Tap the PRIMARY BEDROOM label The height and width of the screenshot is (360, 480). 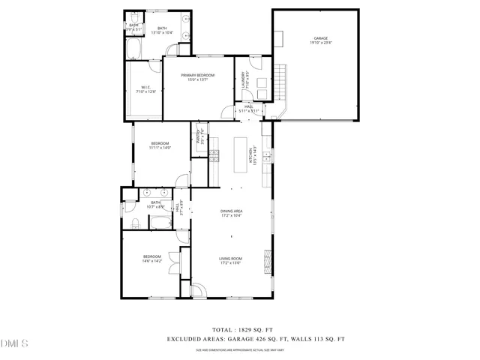(x=197, y=76)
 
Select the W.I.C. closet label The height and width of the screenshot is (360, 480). (x=145, y=87)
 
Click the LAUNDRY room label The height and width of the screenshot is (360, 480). (x=246, y=79)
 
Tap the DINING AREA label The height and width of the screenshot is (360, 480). (x=231, y=212)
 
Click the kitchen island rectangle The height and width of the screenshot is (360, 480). (x=241, y=154)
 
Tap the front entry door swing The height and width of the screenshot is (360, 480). (x=197, y=291)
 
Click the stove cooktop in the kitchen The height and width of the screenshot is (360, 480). (x=214, y=155)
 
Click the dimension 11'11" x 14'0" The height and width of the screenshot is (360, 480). (x=160, y=148)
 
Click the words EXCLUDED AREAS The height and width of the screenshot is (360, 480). (x=193, y=339)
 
